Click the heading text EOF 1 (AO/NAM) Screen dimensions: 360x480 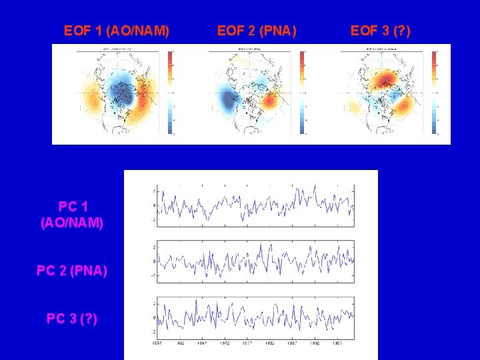coord(116,31)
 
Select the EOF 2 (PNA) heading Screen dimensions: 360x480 coord(257,31)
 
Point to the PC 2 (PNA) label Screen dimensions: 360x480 coord(72,271)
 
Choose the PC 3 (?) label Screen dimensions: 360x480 coord(72,319)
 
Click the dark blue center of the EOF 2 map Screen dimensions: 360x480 coord(230,100)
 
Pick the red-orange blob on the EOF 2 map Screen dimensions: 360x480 coord(270,101)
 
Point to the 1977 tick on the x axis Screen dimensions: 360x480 coord(247,344)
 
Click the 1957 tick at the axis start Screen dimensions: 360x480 coord(157,344)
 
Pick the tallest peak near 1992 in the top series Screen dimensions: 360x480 coord(315,186)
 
